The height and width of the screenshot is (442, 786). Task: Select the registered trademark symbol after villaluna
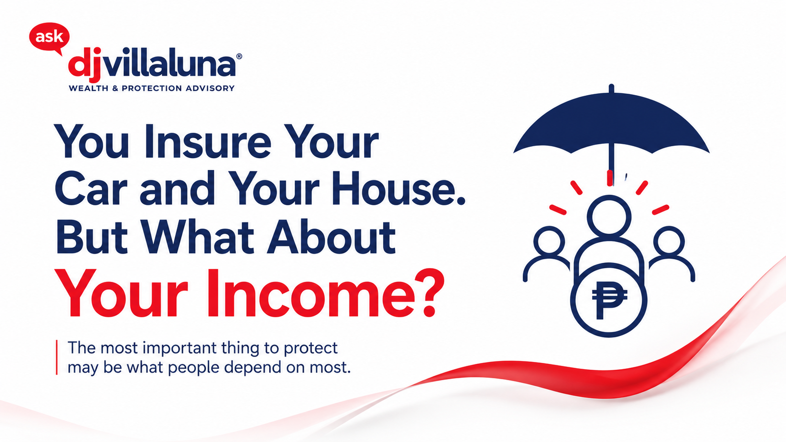pos(239,56)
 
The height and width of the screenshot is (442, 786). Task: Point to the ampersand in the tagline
pos(115,88)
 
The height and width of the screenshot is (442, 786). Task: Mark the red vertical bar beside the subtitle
pos(56,358)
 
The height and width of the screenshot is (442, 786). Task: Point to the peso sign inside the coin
pos(610,300)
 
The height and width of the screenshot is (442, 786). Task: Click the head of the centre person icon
pos(609,216)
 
